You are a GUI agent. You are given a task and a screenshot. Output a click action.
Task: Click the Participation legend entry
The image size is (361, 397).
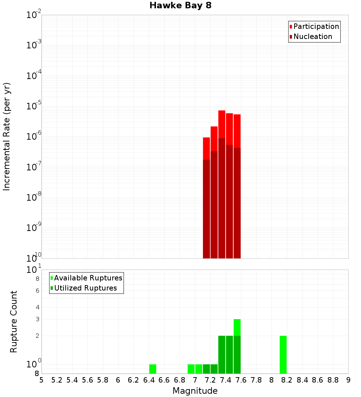pyautogui.click(x=316, y=26)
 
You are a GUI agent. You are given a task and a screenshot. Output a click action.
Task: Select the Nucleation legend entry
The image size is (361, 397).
pyautogui.click(x=312, y=36)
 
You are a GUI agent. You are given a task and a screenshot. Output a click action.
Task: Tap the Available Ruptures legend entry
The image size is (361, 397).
pyautogui.click(x=88, y=278)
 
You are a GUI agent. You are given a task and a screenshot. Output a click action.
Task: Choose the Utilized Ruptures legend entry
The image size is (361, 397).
pyautogui.click(x=85, y=288)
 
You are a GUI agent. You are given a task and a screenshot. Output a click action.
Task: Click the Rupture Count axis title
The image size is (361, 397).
pyautogui.click(x=14, y=321)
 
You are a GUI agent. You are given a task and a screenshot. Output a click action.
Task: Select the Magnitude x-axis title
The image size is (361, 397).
pyautogui.click(x=195, y=391)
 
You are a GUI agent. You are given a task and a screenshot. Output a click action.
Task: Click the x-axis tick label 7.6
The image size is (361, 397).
pyautogui.click(x=241, y=380)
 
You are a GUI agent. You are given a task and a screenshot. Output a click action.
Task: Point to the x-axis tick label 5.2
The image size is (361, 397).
pyautogui.click(x=57, y=380)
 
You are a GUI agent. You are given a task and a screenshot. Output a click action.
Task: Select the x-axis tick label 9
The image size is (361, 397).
pyautogui.click(x=348, y=380)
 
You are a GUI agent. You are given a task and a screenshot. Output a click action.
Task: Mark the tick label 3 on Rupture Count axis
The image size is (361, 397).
pyautogui.click(x=37, y=319)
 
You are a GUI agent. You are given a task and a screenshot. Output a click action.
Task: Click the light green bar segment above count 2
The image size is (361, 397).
pyautogui.click(x=237, y=327)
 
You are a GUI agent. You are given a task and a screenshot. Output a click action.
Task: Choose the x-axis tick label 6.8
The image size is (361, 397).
pyautogui.click(x=179, y=380)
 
